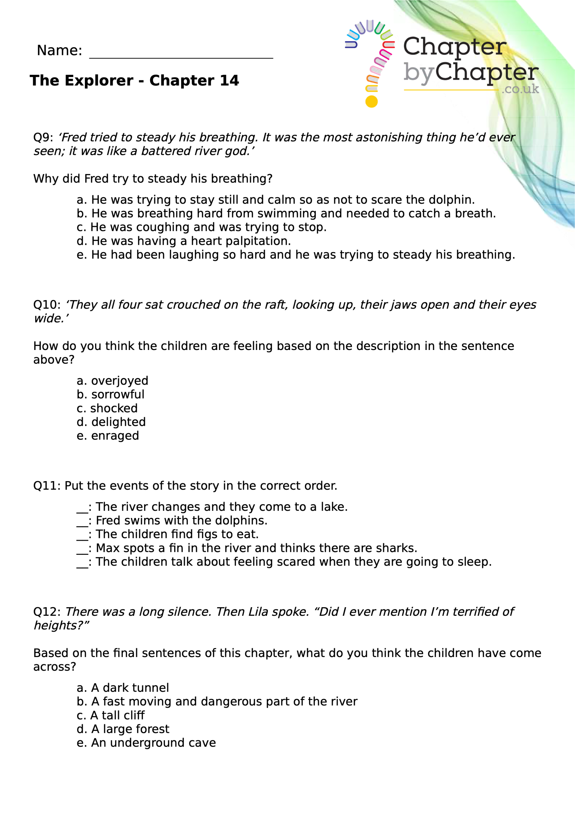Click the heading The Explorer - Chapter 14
(134, 81)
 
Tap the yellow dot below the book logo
(371, 102)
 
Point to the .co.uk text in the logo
(520, 89)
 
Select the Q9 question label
(43, 138)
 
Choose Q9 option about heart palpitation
(184, 241)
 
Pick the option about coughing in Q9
(201, 227)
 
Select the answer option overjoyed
(113, 381)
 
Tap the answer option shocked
(107, 409)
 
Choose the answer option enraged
(108, 436)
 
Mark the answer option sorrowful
(111, 394)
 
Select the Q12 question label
(47, 612)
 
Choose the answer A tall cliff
(111, 716)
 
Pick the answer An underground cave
(146, 743)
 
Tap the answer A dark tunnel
(123, 688)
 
